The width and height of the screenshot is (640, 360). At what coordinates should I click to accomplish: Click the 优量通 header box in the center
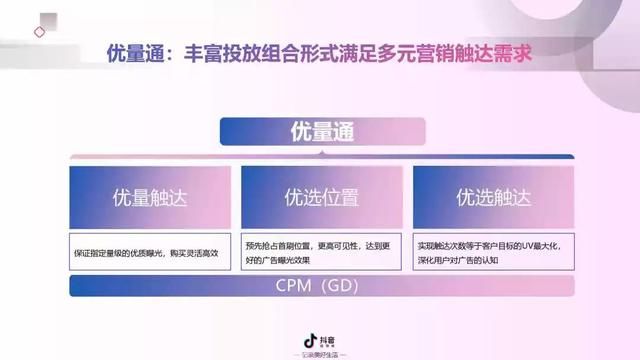322,132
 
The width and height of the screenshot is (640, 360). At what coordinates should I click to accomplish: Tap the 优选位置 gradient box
321,197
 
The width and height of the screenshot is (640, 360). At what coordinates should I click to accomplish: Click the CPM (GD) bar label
321,288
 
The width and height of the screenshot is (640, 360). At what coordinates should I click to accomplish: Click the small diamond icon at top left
39,32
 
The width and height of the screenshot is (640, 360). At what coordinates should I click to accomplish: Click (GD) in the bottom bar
341,288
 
